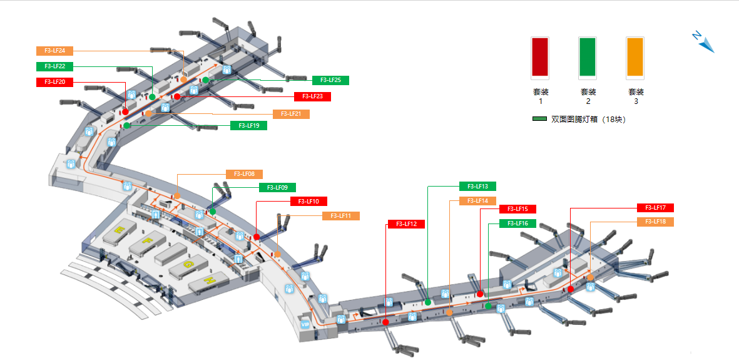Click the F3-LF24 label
(x=55, y=51)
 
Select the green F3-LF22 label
(x=55, y=66)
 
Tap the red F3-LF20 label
(x=55, y=82)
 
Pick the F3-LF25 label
(x=330, y=80)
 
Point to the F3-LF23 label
(x=312, y=96)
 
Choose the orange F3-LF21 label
(x=291, y=114)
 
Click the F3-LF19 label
(x=248, y=125)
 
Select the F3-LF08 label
(x=244, y=174)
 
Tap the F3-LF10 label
(x=308, y=202)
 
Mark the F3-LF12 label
(x=406, y=224)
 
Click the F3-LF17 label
(x=655, y=208)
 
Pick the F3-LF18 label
(x=655, y=222)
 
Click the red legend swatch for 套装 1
(x=539, y=58)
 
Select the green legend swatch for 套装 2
(x=587, y=58)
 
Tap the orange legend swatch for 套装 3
(x=635, y=58)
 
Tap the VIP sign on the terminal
(x=305, y=324)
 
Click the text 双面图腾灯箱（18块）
(x=588, y=119)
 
